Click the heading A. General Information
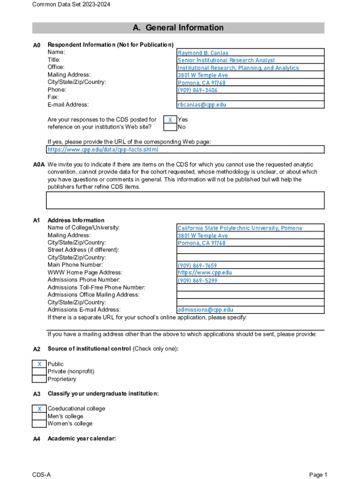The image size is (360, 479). [x=178, y=28]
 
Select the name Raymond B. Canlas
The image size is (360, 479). [x=203, y=53]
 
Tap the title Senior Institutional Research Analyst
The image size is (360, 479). [x=226, y=60]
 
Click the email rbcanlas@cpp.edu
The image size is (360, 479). [x=202, y=105]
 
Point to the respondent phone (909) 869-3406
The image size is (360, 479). [x=197, y=90]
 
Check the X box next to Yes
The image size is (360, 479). [x=170, y=120]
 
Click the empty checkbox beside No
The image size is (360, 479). [x=170, y=127]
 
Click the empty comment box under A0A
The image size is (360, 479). [x=185, y=200]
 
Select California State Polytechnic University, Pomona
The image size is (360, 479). [x=239, y=228]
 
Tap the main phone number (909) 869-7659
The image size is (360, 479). [x=197, y=266]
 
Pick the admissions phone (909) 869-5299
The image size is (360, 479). [x=197, y=281]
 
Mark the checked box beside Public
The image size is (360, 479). [x=39, y=364]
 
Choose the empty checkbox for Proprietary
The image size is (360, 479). [x=39, y=379]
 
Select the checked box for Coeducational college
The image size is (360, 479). [x=39, y=409]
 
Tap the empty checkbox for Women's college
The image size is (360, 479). [x=39, y=424]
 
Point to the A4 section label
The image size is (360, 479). [x=37, y=439]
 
